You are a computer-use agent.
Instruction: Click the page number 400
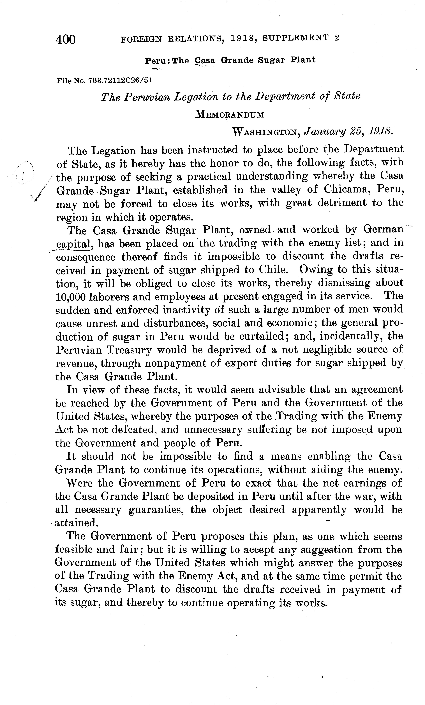point(66,39)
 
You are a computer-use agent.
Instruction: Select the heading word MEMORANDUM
point(230,115)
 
